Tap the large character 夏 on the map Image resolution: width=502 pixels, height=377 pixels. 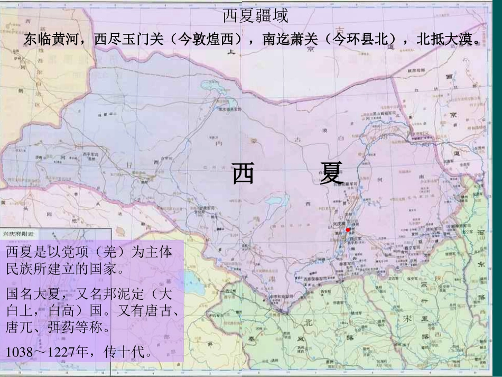click(332, 174)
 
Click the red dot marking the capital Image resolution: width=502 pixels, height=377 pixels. click(348, 230)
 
